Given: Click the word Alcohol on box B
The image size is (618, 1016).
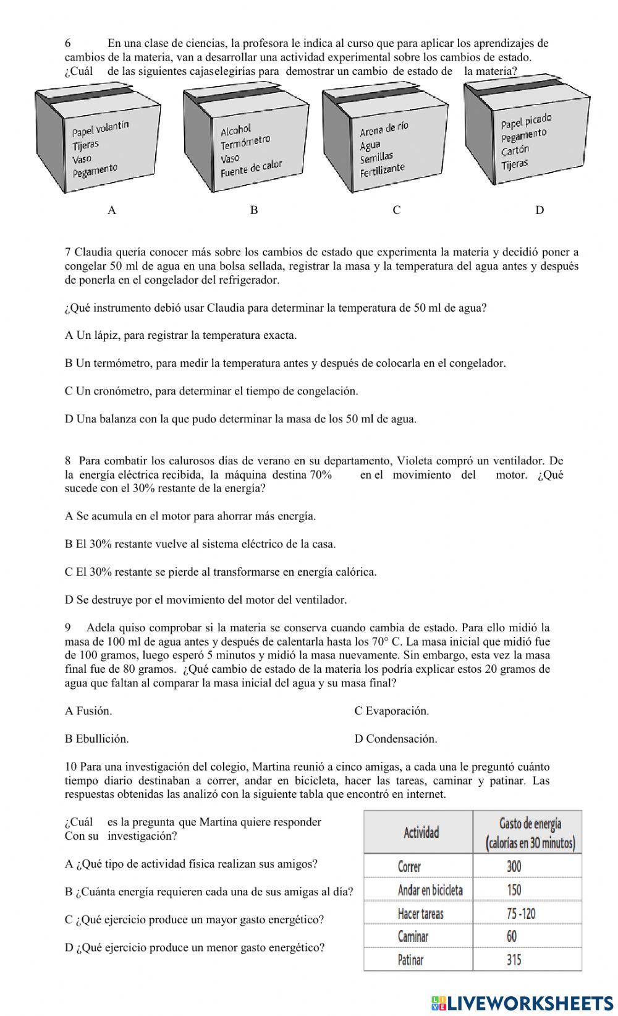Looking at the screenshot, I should [236, 130].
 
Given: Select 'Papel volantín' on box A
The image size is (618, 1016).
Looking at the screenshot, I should [101, 128].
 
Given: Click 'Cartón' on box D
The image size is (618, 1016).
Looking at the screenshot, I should [515, 150].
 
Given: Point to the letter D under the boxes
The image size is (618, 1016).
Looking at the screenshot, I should [540, 210].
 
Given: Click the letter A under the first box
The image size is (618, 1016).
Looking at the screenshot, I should [111, 210].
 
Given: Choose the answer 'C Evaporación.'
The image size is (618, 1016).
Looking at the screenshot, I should [391, 711].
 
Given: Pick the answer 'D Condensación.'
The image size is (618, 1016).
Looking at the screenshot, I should [396, 739].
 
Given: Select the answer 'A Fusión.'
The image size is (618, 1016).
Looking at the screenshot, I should [88, 711].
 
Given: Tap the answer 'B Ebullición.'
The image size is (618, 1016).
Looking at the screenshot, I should [97, 739].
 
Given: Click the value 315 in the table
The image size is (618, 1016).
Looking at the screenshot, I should [514, 960].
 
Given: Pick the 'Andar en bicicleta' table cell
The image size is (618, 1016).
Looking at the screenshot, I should [430, 890].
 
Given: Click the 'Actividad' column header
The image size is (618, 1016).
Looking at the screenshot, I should [421, 832].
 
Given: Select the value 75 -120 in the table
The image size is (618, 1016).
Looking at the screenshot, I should [520, 913].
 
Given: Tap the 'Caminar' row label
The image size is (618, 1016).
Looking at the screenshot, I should [413, 936].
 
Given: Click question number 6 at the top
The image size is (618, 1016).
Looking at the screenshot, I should [68, 43].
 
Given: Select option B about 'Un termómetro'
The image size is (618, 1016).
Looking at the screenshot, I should [285, 364].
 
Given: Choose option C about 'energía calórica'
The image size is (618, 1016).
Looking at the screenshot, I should [221, 572].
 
